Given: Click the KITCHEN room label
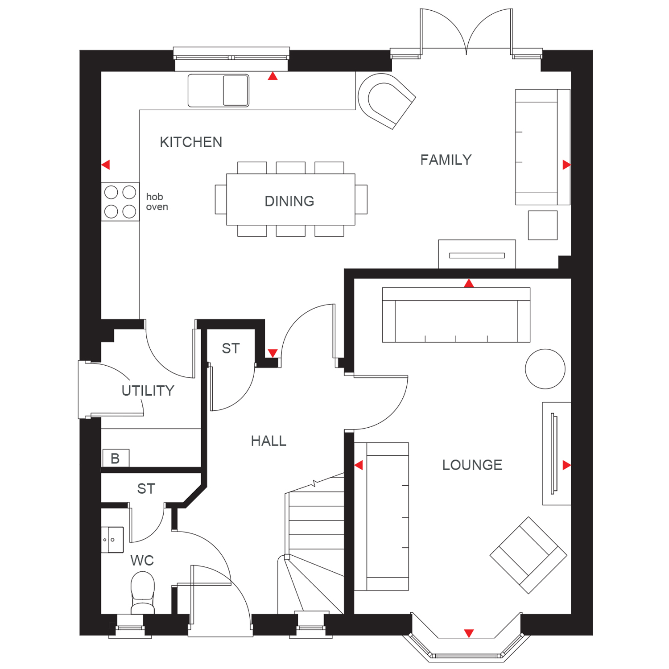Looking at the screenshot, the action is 191,142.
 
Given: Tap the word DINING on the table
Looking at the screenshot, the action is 289,201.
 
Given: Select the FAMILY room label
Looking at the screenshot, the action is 446,160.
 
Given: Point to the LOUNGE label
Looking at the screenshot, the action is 472,465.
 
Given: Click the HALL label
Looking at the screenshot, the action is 268,441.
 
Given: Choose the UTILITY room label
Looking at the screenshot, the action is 148,391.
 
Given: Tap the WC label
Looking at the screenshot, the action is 142,561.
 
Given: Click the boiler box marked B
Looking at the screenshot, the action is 116,458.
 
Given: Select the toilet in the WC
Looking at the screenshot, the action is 143,593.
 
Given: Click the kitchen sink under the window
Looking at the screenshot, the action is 219,91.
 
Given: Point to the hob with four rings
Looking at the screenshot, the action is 120,202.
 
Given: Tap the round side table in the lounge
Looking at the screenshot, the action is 545,369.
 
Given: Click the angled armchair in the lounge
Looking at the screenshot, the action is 529,555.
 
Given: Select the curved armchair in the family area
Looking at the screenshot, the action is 386,101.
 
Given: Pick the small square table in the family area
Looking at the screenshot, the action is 543,225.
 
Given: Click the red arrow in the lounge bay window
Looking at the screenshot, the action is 469,633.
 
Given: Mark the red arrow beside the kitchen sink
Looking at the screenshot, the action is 273,76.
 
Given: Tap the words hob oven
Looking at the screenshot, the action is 157,202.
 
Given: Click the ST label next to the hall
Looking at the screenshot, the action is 231,348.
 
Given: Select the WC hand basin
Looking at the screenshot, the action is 112,540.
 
